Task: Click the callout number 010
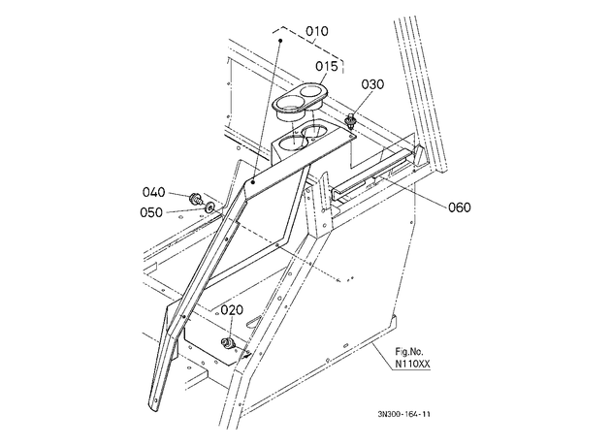[x=317, y=31]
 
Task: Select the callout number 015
[x=327, y=67]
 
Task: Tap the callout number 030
[x=372, y=84]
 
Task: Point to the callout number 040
[x=153, y=192]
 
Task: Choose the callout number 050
[x=151, y=212]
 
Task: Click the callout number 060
[x=460, y=207]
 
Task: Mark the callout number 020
[x=232, y=310]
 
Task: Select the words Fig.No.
[x=409, y=352]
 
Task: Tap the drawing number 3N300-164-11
[x=403, y=414]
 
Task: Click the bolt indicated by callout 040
[x=195, y=200]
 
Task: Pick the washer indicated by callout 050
[x=210, y=207]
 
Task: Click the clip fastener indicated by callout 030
[x=351, y=121]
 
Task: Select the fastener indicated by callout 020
[x=228, y=343]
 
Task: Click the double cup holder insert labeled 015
[x=300, y=100]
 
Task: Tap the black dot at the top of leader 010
[x=279, y=40]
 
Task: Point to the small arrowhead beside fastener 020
[x=246, y=354]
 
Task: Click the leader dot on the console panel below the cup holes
[x=253, y=181]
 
